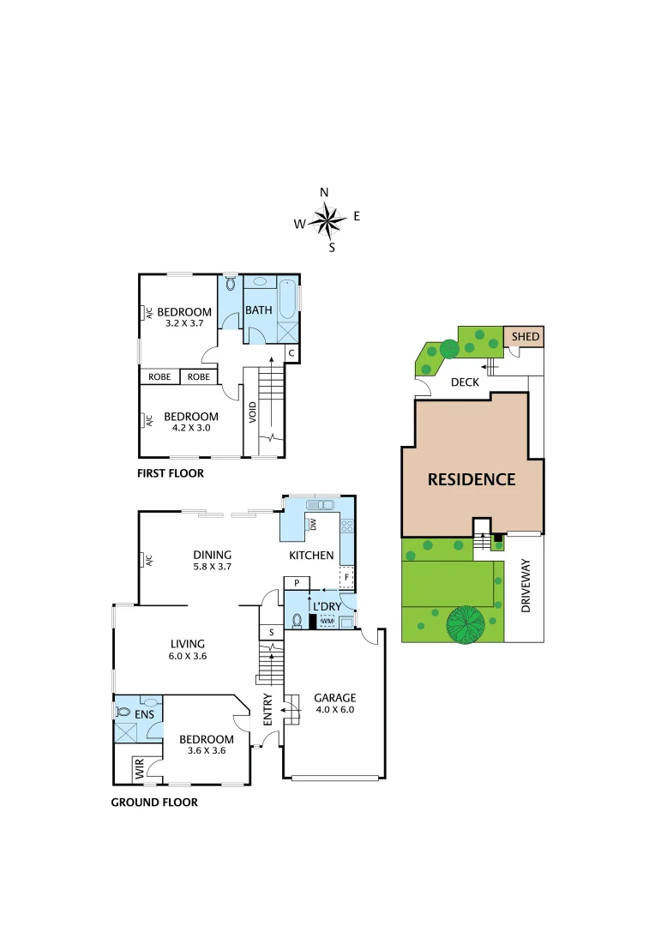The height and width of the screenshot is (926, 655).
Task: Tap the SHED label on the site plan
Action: point(526,337)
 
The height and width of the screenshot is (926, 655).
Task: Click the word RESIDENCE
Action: point(472,479)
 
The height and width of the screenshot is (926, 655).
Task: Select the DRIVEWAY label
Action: point(526,586)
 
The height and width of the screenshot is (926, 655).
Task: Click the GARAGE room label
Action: point(334,698)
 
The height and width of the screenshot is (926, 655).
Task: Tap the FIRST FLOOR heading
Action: point(171,473)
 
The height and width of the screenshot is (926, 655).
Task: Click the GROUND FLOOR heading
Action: point(154,803)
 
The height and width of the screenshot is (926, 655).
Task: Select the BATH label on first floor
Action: point(258,310)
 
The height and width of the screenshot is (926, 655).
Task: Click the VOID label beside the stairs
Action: point(253,413)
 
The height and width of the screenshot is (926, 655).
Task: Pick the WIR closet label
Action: point(139,768)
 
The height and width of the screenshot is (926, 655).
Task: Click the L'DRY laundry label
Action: point(327,606)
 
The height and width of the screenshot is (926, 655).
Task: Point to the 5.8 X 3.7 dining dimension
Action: point(212,567)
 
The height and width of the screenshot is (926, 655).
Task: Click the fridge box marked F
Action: point(347,577)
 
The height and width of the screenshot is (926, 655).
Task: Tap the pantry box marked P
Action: point(297,583)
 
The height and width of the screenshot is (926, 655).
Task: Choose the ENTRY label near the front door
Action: point(267,710)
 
